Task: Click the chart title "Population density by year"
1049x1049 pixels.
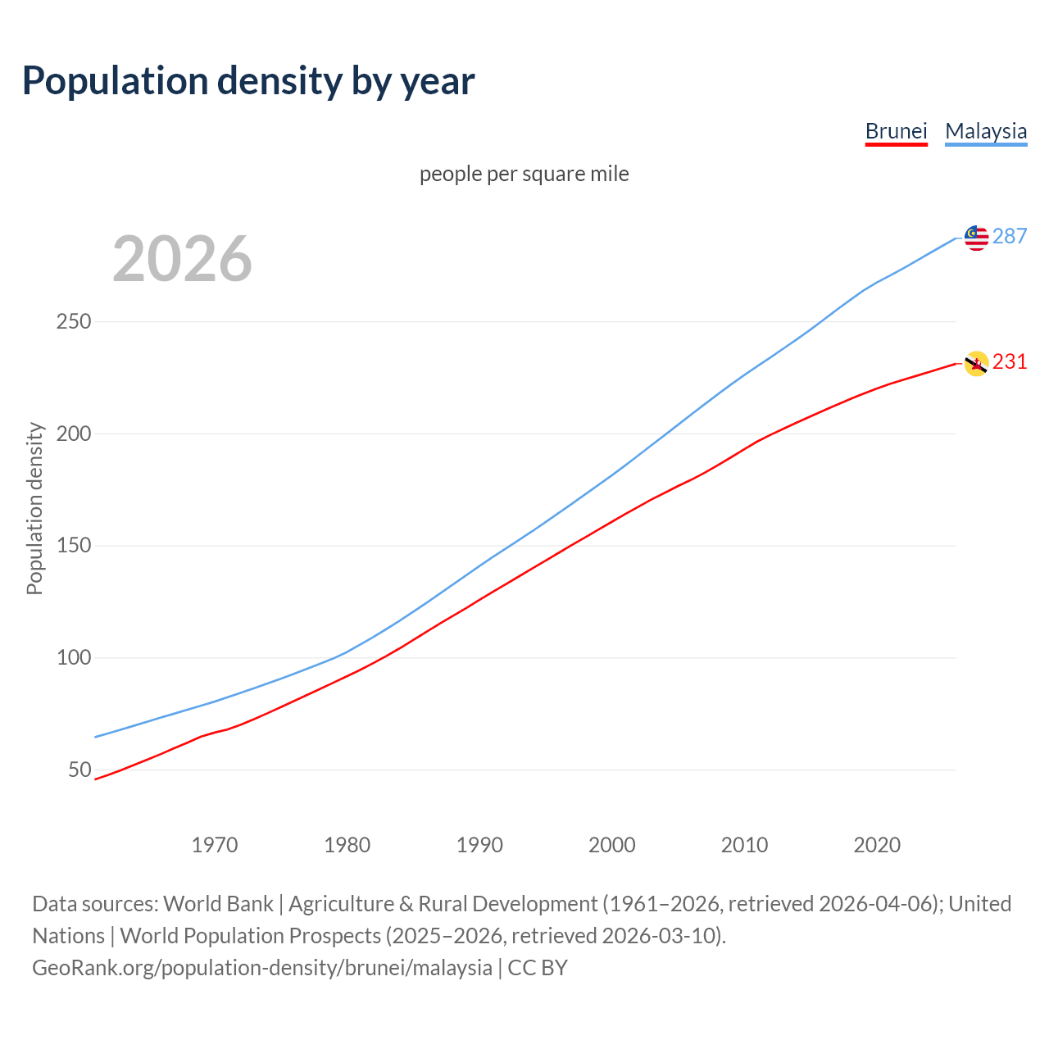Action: click(x=248, y=81)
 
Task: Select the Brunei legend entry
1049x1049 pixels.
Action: click(x=896, y=131)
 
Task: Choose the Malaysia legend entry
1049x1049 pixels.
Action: click(x=986, y=131)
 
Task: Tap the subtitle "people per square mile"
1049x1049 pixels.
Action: click(x=524, y=174)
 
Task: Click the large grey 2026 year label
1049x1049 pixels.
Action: click(x=182, y=259)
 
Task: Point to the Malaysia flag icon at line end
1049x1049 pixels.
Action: click(x=976, y=238)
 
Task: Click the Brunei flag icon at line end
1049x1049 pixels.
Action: click(x=976, y=363)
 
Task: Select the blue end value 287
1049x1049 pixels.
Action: click(x=1010, y=236)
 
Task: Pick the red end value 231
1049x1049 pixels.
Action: click(x=1010, y=361)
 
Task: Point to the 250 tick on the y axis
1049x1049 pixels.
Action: click(x=74, y=321)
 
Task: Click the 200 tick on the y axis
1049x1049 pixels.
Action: click(x=74, y=434)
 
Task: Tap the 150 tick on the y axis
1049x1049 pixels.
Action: click(x=74, y=545)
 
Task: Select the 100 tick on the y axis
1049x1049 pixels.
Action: click(x=74, y=657)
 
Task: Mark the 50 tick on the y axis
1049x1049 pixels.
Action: click(x=79, y=770)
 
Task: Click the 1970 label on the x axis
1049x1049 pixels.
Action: click(x=215, y=844)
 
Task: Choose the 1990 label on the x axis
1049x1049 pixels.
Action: click(x=479, y=844)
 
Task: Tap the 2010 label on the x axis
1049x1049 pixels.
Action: click(x=744, y=844)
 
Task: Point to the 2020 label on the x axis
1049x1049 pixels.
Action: click(x=877, y=844)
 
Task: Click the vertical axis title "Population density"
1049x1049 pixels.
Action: click(x=34, y=508)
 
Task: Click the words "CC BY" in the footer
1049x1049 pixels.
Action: click(x=538, y=968)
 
